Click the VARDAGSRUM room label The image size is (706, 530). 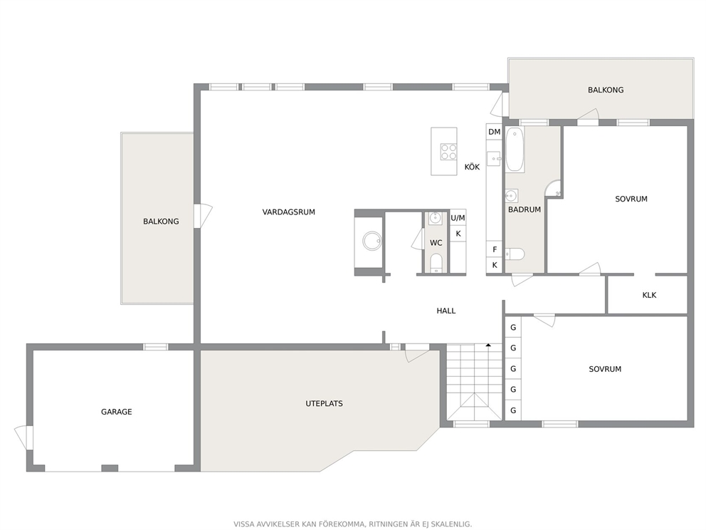(289, 212)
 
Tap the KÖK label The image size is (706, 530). (472, 167)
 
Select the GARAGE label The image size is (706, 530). (116, 412)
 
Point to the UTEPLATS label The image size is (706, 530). (325, 403)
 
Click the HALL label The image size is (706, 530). (446, 311)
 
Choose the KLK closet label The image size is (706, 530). (649, 295)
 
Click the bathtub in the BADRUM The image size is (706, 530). (515, 149)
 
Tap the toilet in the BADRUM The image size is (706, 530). (515, 254)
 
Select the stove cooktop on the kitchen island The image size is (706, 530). (448, 152)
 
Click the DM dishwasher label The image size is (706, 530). (494, 132)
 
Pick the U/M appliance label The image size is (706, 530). (458, 218)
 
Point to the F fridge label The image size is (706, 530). (495, 249)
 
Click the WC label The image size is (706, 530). (436, 243)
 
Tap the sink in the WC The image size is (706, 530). (435, 218)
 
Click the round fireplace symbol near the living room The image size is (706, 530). (372, 241)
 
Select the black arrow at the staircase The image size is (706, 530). (488, 345)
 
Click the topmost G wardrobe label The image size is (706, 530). (513, 328)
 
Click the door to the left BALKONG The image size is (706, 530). (203, 216)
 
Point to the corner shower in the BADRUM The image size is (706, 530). (553, 188)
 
